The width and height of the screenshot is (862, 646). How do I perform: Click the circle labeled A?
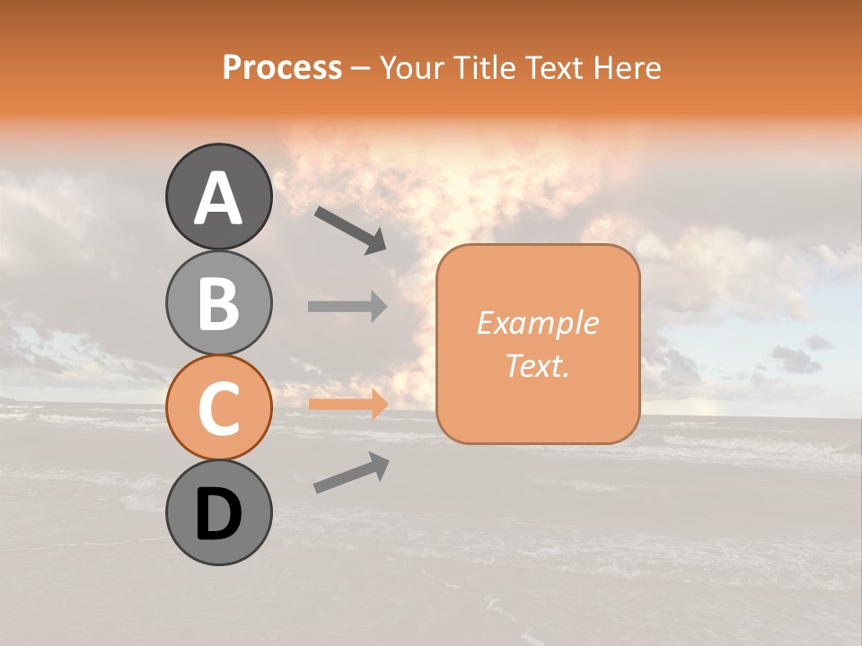(218, 196)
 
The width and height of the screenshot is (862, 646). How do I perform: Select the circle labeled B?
(218, 302)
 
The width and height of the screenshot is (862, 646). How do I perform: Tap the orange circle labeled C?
(218, 407)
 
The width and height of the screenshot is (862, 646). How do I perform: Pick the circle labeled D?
(218, 512)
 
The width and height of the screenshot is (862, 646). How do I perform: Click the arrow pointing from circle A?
(350, 228)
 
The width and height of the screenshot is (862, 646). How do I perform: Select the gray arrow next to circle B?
(347, 306)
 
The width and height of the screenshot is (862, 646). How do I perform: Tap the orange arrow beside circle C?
(347, 404)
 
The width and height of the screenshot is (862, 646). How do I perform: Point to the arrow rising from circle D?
(351, 473)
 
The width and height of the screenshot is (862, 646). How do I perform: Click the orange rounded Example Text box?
(538, 344)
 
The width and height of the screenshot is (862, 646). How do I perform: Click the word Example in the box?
(537, 323)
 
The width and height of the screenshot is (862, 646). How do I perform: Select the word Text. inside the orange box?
(537, 366)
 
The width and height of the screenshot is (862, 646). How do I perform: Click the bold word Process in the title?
(282, 67)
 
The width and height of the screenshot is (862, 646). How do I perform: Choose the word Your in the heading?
(412, 67)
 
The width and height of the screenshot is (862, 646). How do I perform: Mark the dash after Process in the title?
(361, 68)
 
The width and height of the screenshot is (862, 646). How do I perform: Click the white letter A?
(218, 198)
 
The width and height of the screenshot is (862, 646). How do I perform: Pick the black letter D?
(218, 515)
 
